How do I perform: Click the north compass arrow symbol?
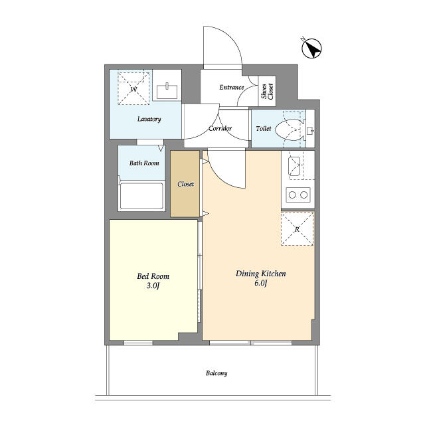point(311,48)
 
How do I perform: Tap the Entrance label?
point(232,87)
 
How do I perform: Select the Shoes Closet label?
point(267,91)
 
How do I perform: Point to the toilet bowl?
point(289,129)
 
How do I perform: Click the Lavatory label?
point(149,119)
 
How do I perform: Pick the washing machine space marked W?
point(133,88)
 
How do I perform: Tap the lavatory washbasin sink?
point(167,91)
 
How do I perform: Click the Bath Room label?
point(144,163)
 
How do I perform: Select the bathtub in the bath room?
point(141,196)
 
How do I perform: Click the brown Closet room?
point(185,184)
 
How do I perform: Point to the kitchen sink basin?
point(294,166)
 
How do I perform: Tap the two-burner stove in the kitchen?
point(298,195)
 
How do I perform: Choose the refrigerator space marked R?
point(297,229)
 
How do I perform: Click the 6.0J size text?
point(261,284)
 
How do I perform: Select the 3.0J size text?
point(153,286)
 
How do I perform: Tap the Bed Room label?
point(153,276)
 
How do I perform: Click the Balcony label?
point(216,373)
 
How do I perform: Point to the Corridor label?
point(220,128)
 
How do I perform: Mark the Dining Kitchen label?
point(261,274)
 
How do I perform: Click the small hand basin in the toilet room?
point(310,131)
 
